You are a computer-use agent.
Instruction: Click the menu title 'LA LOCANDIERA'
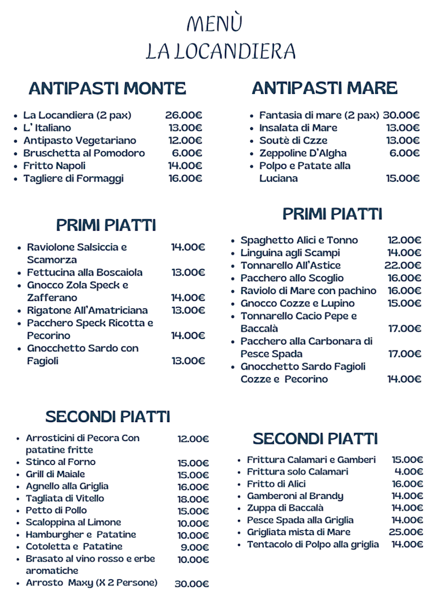coord(221,51)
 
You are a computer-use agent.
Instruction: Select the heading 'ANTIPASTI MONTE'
coord(107,88)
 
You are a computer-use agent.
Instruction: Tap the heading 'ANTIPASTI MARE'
coord(324,88)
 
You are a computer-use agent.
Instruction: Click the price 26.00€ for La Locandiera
coord(184,115)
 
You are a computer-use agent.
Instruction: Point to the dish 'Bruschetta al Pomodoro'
coord(84,153)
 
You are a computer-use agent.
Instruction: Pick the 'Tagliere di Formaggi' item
coord(73,178)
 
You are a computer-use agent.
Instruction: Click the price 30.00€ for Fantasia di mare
coord(401,115)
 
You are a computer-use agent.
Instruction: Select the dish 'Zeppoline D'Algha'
coord(302,153)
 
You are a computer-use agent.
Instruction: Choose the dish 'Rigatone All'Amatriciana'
coord(87,310)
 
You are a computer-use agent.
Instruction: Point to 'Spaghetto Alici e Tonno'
coord(299,240)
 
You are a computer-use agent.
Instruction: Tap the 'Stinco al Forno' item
coord(60,462)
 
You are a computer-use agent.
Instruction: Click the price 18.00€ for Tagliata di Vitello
coord(193,499)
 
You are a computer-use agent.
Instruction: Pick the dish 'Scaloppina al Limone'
coord(73,523)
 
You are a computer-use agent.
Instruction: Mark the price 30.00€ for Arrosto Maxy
coord(192,584)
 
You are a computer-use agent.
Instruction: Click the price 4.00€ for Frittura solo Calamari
coord(408,471)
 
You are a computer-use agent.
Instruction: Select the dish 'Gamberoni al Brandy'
coord(295,496)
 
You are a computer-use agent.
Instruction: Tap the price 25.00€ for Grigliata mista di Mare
coord(406,532)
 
